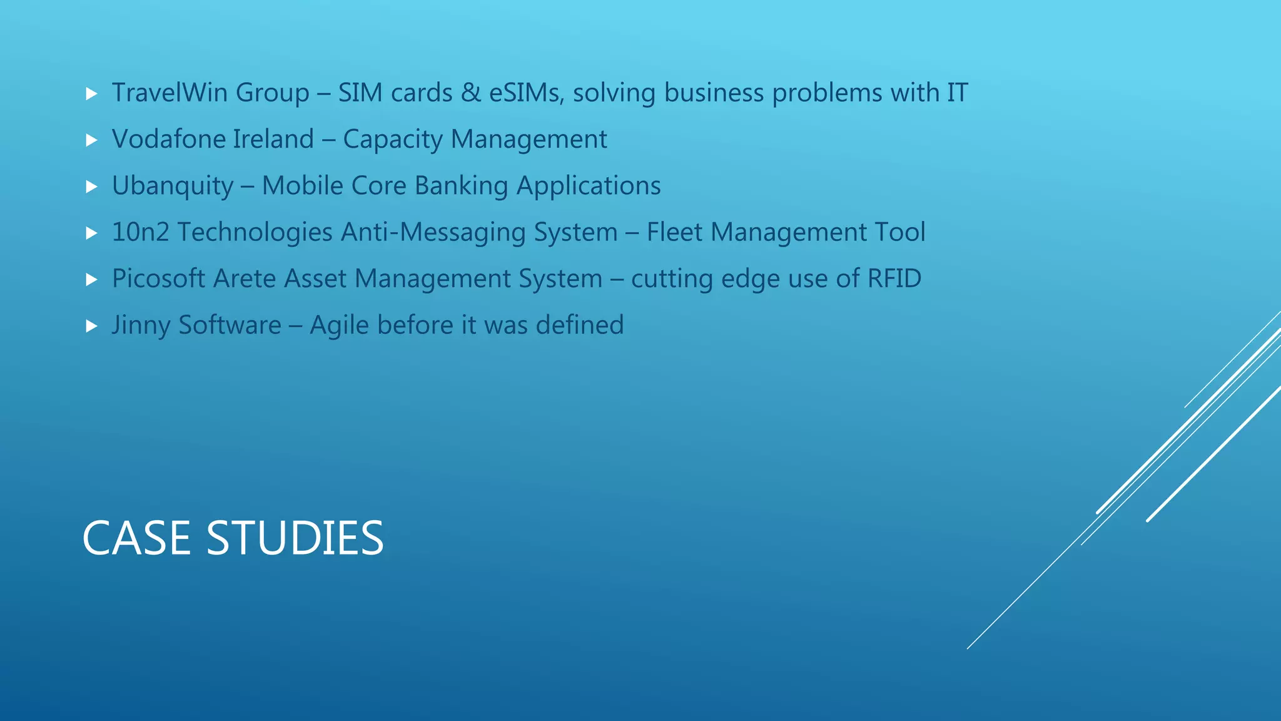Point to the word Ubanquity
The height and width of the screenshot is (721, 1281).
pos(172,187)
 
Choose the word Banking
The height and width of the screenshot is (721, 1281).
pos(461,187)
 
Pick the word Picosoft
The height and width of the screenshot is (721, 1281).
pos(158,279)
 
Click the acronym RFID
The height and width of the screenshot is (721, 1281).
pos(894,279)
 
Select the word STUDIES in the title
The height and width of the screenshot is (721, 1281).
pos(295,538)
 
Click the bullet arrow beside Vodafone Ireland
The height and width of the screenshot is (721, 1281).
pos(92,140)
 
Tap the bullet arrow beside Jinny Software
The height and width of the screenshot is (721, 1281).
pos(92,326)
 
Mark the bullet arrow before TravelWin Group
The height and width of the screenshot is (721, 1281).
pos(92,94)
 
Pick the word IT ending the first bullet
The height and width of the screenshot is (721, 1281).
pos(957,93)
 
